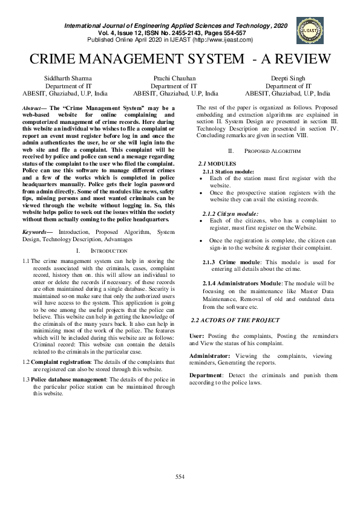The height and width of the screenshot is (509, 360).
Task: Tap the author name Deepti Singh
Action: click(287, 79)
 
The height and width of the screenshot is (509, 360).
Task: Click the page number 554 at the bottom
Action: click(180, 477)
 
